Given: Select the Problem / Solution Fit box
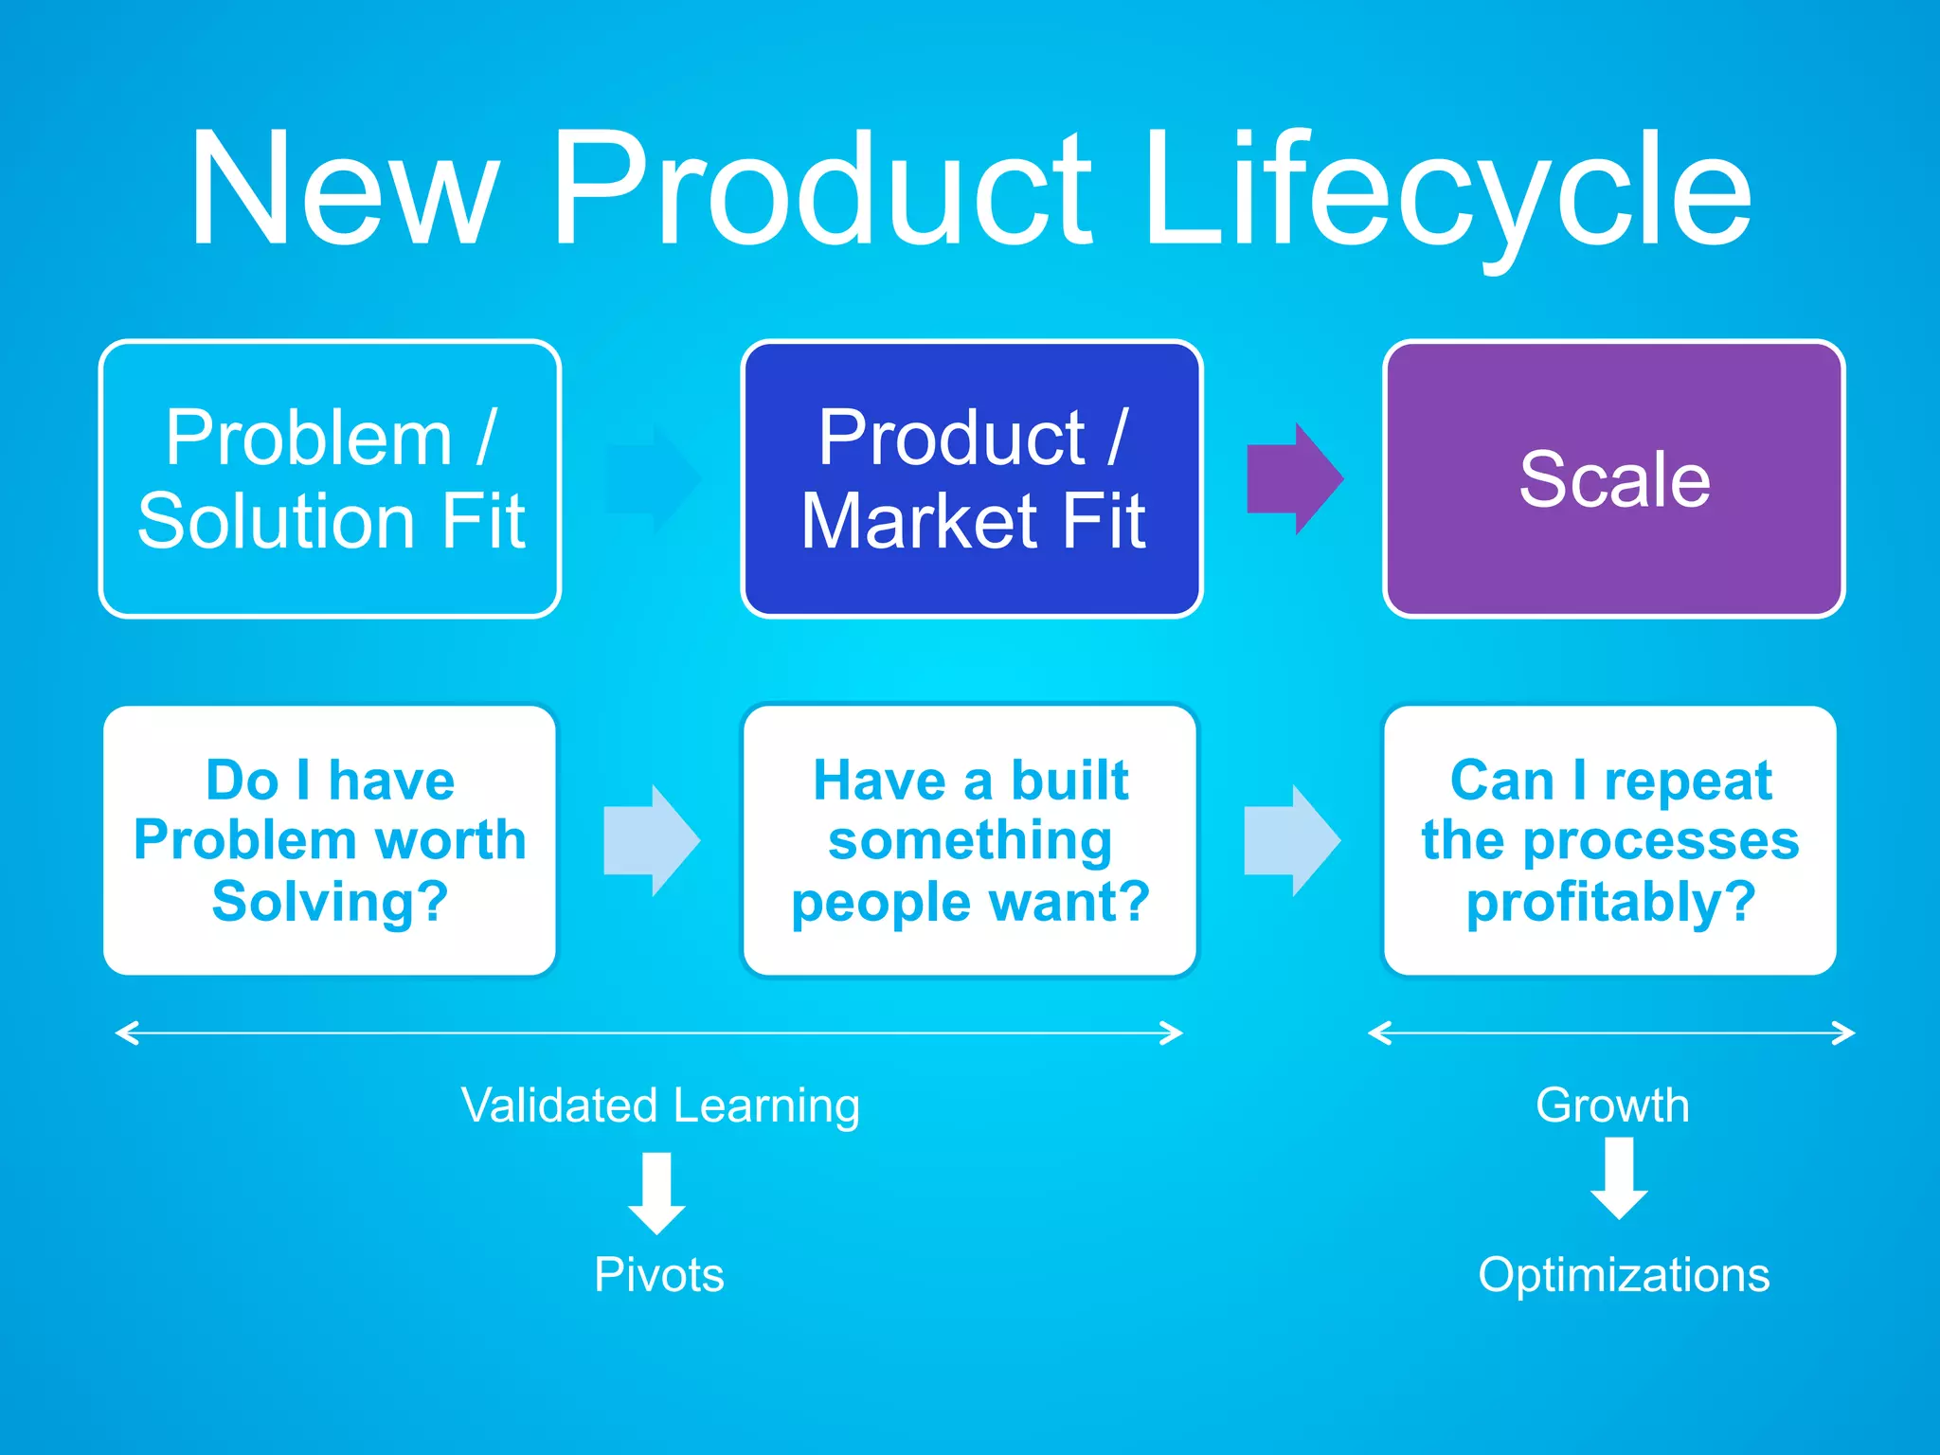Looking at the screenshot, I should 330,478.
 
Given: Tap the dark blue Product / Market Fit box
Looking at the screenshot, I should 972,478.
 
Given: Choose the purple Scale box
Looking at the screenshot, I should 1613,478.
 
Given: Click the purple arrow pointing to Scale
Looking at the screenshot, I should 1294,478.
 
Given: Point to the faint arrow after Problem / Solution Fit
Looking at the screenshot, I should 653,478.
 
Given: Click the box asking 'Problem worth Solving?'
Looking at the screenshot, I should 330,840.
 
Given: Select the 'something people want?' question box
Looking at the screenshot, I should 970,840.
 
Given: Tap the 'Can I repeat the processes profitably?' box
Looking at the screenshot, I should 1609,840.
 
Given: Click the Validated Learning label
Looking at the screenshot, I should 660,1105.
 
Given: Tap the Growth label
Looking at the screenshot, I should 1612,1105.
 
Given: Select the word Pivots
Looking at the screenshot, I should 659,1275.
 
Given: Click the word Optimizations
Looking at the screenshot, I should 1624,1275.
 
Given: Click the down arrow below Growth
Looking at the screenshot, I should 1619,1177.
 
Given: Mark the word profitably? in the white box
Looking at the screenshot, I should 1610,902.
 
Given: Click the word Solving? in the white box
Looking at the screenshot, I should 330,902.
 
